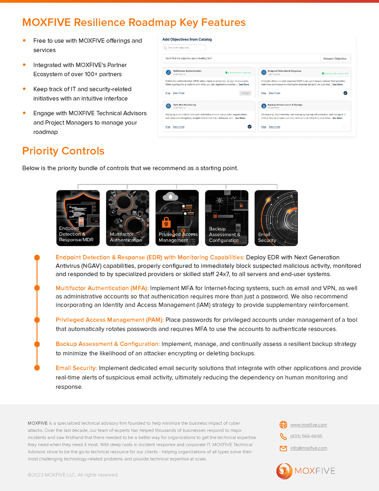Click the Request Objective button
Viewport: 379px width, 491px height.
pyautogui.click(x=335, y=59)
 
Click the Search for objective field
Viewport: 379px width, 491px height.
pyautogui.click(x=184, y=48)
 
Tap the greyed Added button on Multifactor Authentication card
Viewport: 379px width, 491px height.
pyautogui.click(x=245, y=93)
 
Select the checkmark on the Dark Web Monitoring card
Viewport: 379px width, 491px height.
pyautogui.click(x=250, y=126)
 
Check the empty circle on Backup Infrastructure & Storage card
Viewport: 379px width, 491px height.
pyautogui.click(x=345, y=126)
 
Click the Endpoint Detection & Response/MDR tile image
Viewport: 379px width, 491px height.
pyautogui.click(x=78, y=218)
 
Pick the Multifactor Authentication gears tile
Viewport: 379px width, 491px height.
pyautogui.click(x=127, y=218)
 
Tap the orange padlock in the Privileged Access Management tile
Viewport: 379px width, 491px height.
pyautogui.click(x=166, y=222)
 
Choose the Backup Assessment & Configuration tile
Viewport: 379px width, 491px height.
pyautogui.click(x=226, y=218)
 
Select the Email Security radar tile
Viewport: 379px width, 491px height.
pyautogui.click(x=276, y=218)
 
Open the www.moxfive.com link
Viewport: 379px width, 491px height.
pyautogui.click(x=308, y=425)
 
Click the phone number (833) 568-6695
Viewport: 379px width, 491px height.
pyautogui.click(x=306, y=437)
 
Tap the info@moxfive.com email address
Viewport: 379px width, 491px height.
pyautogui.click(x=308, y=448)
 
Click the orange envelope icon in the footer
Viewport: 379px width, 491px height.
pyautogui.click(x=283, y=448)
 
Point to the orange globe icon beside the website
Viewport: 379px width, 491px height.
pyautogui.click(x=283, y=425)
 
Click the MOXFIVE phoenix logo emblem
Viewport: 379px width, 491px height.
pyautogui.click(x=284, y=471)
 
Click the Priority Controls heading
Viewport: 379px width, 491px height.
pyautogui.click(x=64, y=151)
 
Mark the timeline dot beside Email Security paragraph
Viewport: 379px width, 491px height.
pyautogui.click(x=37, y=368)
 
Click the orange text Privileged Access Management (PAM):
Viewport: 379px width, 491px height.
pyautogui.click(x=109, y=320)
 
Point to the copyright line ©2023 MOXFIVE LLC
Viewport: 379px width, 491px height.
pyautogui.click(x=73, y=475)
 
